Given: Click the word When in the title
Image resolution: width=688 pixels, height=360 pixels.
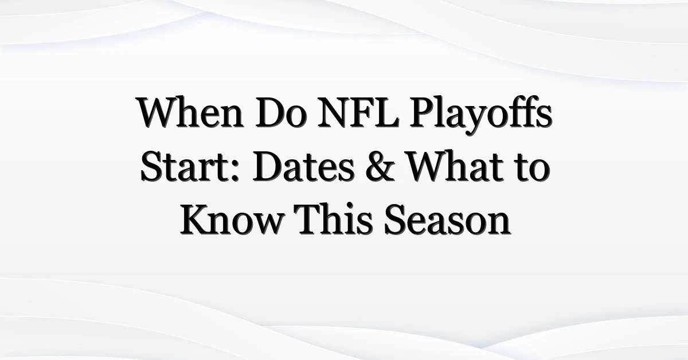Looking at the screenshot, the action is point(190,112).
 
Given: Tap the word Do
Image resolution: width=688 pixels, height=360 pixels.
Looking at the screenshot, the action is point(281,112).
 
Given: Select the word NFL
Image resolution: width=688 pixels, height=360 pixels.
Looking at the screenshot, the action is point(358,112).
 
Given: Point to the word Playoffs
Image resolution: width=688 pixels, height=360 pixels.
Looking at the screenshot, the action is point(481,115).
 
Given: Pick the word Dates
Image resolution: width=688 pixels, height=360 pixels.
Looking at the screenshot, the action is point(304,166).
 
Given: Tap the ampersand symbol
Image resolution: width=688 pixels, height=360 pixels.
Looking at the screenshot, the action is point(380,166).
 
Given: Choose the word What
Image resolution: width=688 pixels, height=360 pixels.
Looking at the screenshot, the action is point(455,166).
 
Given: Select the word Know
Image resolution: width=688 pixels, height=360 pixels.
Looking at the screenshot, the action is point(231,220).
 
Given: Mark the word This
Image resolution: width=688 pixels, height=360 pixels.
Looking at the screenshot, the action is point(333,220).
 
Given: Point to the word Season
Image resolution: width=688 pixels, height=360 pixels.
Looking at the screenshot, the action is point(447,220).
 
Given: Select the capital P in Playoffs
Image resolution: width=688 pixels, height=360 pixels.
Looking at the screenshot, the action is point(423,112).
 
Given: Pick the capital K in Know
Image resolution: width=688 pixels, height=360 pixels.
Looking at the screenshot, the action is point(197,220).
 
